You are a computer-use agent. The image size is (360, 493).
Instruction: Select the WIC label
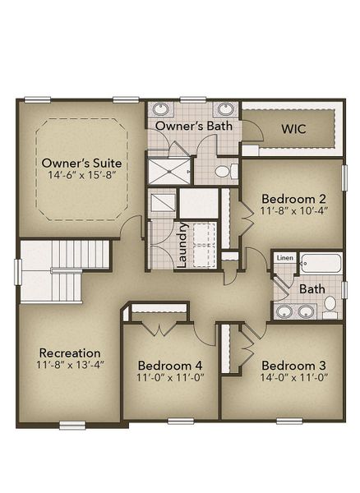(x=293, y=129)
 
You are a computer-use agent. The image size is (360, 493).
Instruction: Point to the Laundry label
(x=183, y=243)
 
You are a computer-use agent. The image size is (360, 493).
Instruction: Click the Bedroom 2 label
(x=293, y=198)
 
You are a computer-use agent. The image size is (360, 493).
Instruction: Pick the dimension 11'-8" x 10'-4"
(x=293, y=211)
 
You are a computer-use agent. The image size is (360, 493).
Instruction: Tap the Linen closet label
(x=284, y=258)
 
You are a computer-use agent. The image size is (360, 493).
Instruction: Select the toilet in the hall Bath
(x=330, y=305)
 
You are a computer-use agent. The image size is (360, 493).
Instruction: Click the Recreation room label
(x=68, y=352)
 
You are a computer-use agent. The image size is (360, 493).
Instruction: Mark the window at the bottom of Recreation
(x=72, y=424)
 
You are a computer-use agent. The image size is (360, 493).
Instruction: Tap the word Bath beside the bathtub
(x=312, y=289)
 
